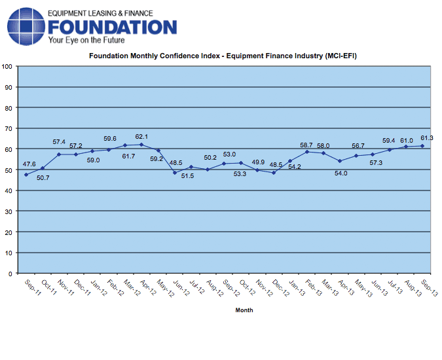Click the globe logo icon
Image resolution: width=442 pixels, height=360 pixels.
coord(26,26)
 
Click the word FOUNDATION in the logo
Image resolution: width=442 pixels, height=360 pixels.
coord(113,27)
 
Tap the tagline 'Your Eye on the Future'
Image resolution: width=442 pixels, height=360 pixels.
coord(86,41)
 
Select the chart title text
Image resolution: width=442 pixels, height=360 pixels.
coord(223,56)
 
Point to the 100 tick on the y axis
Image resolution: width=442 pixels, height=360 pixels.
coord(7,67)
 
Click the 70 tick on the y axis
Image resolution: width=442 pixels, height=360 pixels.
coord(9,129)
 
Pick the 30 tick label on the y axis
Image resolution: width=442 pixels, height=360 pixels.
coord(9,211)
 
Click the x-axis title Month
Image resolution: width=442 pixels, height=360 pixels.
coord(244,310)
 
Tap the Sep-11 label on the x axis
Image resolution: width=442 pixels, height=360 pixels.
coord(33,287)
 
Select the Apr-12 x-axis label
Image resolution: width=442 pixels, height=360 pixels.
coord(148,287)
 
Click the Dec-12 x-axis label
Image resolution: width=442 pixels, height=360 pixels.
coord(281,288)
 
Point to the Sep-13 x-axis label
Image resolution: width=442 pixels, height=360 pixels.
coord(429,288)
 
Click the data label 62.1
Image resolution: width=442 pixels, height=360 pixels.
coord(141,137)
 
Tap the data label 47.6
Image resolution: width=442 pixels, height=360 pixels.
coord(29,164)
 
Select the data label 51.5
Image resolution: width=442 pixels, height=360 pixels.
coord(187,176)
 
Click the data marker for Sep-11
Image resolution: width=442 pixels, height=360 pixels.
coord(26,175)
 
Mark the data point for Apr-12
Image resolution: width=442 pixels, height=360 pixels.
coord(141,145)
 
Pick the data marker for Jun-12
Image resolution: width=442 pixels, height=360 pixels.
coord(175,173)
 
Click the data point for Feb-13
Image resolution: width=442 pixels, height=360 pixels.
coord(307,152)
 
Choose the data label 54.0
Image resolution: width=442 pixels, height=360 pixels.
coord(341,173)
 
